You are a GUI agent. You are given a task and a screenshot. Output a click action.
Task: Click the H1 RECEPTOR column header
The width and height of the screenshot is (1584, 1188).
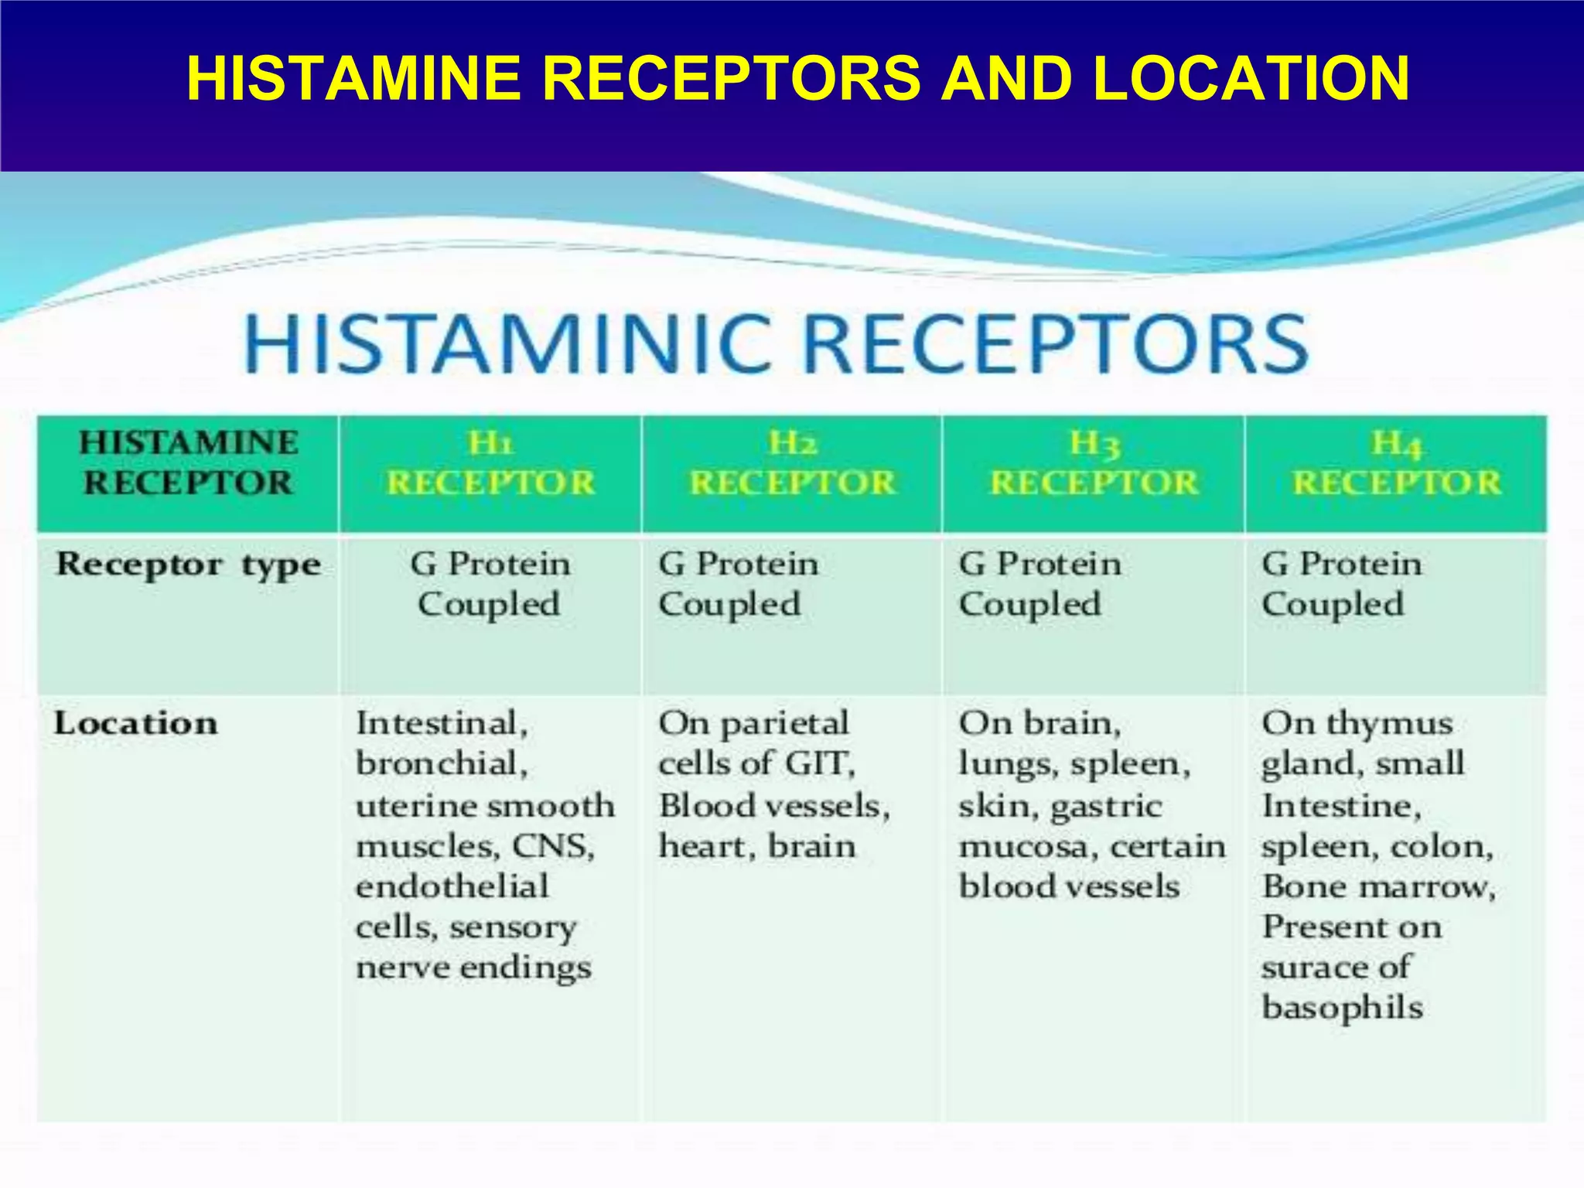pos(490,463)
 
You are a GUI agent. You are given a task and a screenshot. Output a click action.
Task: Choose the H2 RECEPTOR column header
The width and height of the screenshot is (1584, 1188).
pos(792,463)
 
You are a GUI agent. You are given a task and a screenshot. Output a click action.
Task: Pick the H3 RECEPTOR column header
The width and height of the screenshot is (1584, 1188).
pos(1094,463)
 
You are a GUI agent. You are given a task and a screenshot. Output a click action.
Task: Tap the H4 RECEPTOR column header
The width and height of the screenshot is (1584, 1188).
pos(1396,463)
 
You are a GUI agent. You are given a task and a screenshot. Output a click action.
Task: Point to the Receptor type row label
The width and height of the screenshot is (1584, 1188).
pos(188,565)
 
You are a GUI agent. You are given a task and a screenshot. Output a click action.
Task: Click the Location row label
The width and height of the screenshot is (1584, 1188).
pos(136,724)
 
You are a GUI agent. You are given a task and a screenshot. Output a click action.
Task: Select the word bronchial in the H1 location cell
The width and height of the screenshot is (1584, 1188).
pos(442,764)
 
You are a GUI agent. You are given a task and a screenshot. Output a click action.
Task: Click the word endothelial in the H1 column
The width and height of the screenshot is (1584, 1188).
pos(452,886)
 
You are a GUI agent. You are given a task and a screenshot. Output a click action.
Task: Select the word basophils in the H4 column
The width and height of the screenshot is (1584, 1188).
pos(1342,1008)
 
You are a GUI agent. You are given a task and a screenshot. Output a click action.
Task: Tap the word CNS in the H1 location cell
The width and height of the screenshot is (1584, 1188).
pos(554,846)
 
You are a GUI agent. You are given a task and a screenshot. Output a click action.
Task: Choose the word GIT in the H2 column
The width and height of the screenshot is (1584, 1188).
pos(820,764)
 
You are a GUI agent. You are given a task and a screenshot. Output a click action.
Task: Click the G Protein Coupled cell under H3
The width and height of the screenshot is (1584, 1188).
pos(1039,584)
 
